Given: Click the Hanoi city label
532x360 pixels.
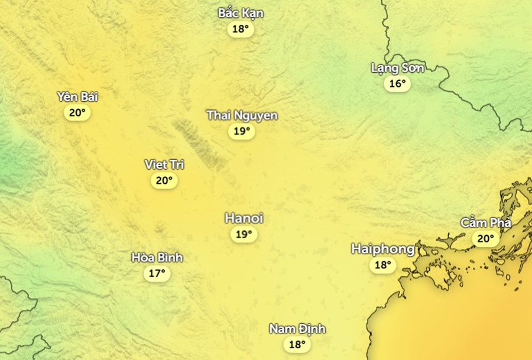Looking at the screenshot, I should (x=244, y=219).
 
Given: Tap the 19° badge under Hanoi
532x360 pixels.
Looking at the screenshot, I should (x=244, y=235).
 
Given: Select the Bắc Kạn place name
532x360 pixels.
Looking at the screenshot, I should (x=241, y=13).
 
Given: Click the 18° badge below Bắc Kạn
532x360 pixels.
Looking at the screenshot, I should (x=241, y=29).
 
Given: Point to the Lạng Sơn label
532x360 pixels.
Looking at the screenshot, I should (x=397, y=68).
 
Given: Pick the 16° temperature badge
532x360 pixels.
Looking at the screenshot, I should (x=397, y=84).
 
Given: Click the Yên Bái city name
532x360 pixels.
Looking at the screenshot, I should (x=77, y=97).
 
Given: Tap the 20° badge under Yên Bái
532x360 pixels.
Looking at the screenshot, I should (x=77, y=113).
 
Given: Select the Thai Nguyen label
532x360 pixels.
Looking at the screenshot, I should (x=242, y=115).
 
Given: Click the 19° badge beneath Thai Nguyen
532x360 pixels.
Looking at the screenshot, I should (x=241, y=131).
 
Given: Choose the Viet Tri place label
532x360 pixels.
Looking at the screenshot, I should (x=164, y=164).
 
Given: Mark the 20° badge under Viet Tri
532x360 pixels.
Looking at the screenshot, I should (x=164, y=181).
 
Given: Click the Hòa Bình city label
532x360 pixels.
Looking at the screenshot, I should (x=157, y=258).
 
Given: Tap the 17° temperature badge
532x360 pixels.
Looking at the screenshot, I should (x=157, y=274).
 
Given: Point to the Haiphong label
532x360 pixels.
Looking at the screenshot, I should (x=383, y=249).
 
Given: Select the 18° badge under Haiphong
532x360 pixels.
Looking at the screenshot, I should (x=383, y=265).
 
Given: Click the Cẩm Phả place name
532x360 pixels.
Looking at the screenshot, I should (x=485, y=223).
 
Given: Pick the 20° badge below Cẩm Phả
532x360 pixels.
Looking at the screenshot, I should (x=485, y=239).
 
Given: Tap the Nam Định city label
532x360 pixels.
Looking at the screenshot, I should (x=297, y=329).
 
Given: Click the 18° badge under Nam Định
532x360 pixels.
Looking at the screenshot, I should (x=297, y=345).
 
